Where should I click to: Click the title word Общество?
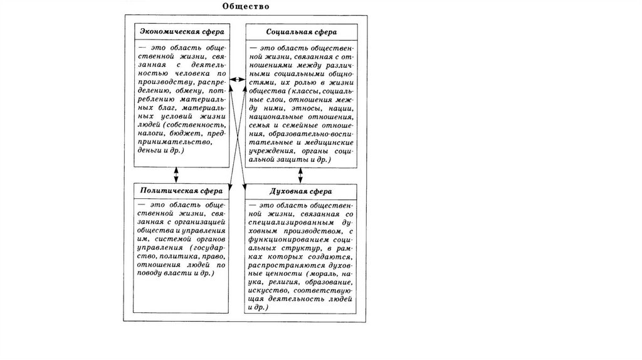[x=246, y=7]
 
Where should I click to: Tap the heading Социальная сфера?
[x=301, y=31]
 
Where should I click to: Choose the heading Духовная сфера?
[x=301, y=191]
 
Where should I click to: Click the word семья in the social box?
[x=261, y=125]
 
